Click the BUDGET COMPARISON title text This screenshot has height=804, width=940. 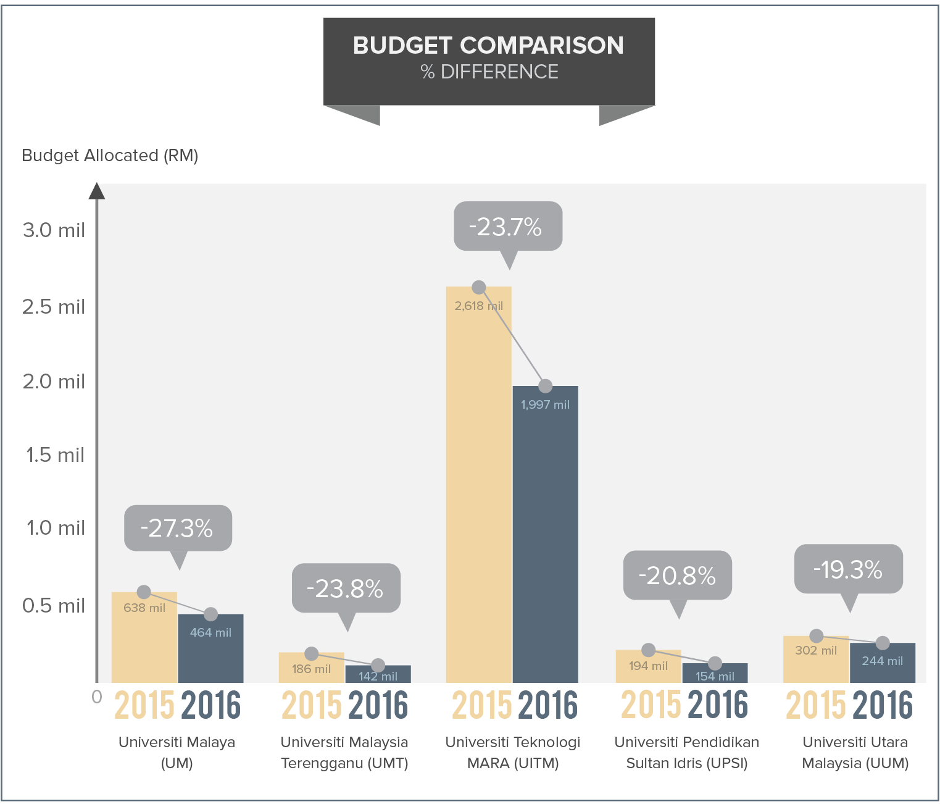[x=488, y=46]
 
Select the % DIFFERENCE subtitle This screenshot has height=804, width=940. [x=489, y=72]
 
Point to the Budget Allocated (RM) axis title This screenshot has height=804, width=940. [x=110, y=156]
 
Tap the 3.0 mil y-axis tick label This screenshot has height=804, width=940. [x=54, y=230]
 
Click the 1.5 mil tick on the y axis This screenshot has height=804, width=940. [x=54, y=455]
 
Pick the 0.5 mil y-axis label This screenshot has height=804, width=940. [x=54, y=606]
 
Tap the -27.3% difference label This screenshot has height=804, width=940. [x=177, y=529]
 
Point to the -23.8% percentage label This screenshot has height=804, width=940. [x=344, y=589]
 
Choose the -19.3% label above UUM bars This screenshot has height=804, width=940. [x=847, y=570]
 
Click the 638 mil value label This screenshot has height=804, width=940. [x=144, y=608]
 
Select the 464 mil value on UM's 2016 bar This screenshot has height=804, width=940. [x=210, y=633]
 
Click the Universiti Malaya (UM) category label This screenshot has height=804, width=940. [x=177, y=752]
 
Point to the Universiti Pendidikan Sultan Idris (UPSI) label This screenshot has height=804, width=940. [x=686, y=752]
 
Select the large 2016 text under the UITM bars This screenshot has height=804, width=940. [x=547, y=706]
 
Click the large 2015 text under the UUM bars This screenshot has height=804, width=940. [x=816, y=706]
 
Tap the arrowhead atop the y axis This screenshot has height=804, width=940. [x=96, y=191]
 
